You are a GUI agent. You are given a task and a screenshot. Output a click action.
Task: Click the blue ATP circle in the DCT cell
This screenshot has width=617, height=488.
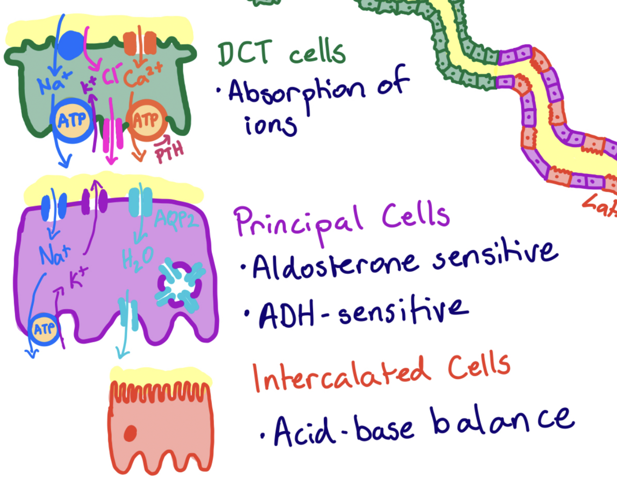pyautogui.click(x=72, y=121)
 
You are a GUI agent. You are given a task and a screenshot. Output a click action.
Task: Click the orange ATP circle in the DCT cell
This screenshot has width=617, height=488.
pyautogui.click(x=146, y=120)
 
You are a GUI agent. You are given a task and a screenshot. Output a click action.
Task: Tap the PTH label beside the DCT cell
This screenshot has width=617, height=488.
pyautogui.click(x=169, y=152)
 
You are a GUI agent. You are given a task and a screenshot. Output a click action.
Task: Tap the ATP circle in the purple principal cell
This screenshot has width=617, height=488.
pyautogui.click(x=44, y=329)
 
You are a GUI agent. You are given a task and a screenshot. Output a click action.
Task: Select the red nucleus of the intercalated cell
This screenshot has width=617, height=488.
pyautogui.click(x=130, y=433)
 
